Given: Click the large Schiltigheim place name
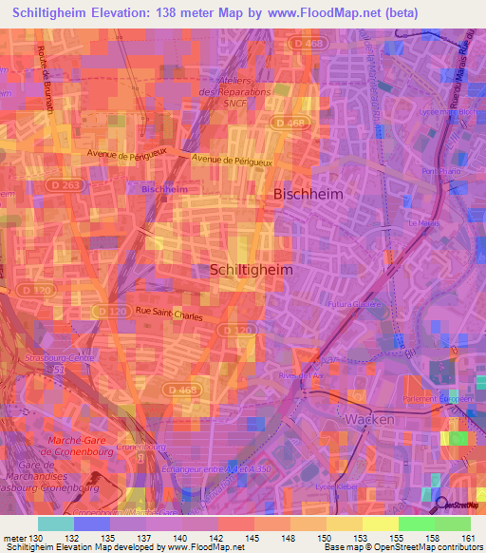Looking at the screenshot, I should (251, 270).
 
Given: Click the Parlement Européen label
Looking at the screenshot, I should (437, 397).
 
